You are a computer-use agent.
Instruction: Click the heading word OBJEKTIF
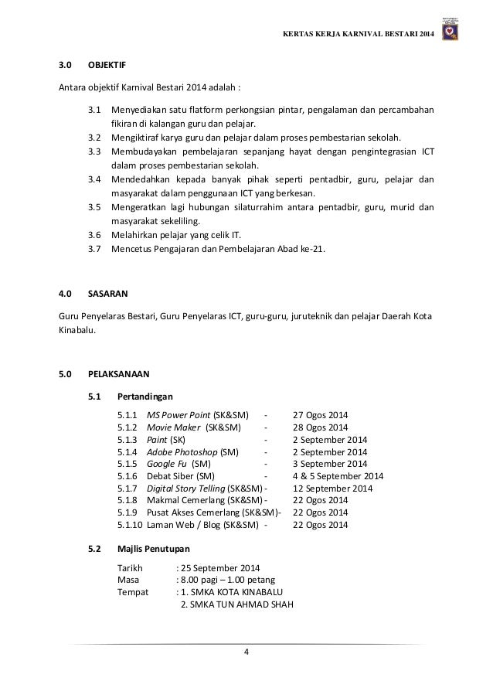pyautogui.click(x=108, y=77)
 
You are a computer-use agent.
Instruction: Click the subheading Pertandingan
pyautogui.click(x=128, y=396)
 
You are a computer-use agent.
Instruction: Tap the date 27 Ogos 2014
pyautogui.click(x=320, y=415)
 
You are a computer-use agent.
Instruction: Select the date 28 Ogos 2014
pyautogui.click(x=320, y=427)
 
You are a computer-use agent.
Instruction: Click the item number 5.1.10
pyautogui.click(x=130, y=526)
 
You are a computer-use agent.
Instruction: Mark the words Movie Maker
pyautogui.click(x=173, y=427)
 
